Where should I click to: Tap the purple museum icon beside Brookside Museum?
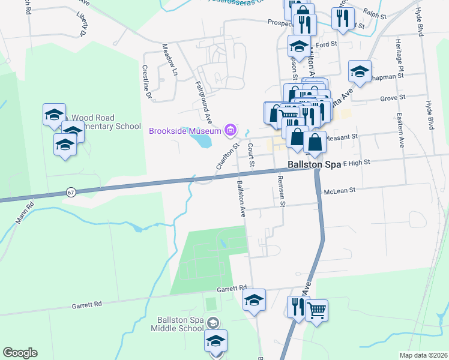[229, 129]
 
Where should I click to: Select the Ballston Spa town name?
[315, 164]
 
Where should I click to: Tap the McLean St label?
[340, 189]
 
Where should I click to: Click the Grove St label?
[394, 97]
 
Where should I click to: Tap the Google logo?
[20, 353]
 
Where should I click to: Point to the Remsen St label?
[281, 191]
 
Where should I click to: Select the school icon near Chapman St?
[359, 73]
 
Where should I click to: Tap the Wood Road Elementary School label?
[106, 122]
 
